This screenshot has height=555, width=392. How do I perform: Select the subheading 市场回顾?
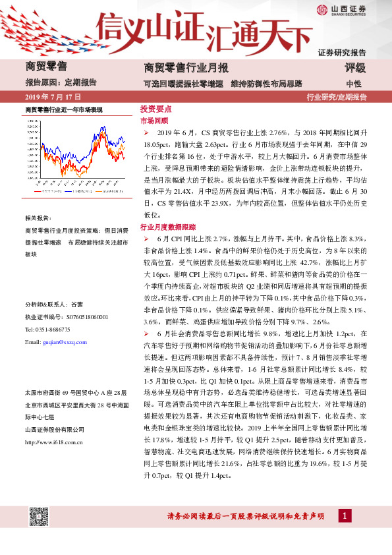coord(154,121)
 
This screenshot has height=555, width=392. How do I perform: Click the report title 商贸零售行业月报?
coord(186,68)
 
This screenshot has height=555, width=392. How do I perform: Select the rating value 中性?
coord(354,84)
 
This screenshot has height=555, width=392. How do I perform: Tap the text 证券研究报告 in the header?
coord(342,52)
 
